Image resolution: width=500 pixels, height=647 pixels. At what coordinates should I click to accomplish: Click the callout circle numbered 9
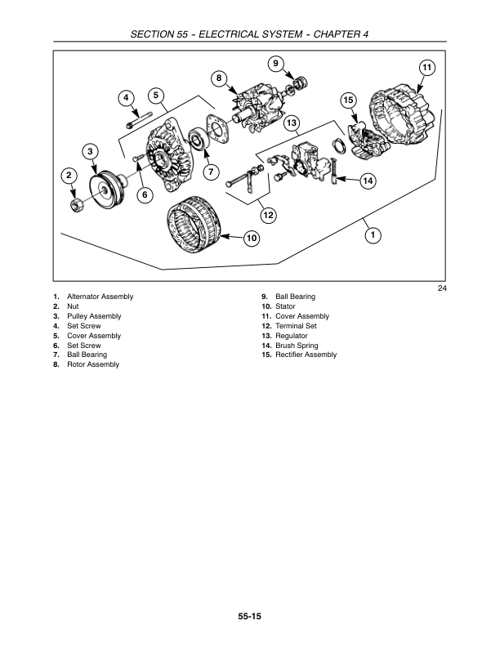(275, 64)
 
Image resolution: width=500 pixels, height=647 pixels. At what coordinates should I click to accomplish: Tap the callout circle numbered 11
(427, 68)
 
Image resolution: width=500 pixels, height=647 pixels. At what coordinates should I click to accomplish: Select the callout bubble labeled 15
(348, 100)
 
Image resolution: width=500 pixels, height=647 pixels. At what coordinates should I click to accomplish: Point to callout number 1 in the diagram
(373, 235)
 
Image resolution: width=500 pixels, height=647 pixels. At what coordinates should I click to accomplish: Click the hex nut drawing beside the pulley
(75, 205)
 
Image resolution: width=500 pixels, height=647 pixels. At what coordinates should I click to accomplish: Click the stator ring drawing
(194, 225)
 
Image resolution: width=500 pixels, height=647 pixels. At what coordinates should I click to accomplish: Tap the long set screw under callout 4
(140, 119)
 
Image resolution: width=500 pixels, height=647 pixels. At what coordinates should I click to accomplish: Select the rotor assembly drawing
(256, 109)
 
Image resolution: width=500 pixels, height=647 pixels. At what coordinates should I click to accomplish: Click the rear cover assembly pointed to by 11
(402, 114)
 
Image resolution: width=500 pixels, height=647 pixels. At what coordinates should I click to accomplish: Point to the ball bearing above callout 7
(199, 140)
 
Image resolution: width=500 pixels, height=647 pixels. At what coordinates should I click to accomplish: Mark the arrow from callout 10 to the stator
(232, 237)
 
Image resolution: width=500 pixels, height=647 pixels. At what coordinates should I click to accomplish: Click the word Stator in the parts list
(285, 306)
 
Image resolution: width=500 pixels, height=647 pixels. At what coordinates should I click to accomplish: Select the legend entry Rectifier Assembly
(306, 355)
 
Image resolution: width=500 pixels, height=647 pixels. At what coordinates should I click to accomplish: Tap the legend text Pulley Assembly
(94, 316)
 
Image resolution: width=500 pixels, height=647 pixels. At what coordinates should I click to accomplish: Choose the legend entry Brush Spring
(297, 346)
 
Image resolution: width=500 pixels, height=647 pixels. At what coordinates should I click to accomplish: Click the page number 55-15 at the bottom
(249, 617)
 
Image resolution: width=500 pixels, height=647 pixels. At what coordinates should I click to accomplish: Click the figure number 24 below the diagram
(442, 288)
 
